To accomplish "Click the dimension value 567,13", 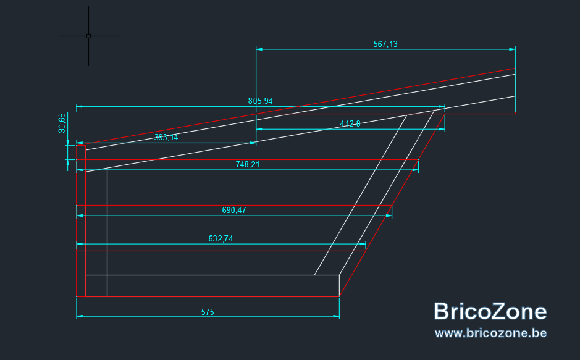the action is tap(385, 44).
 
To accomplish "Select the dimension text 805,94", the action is tap(260, 101).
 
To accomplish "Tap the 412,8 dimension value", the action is tap(350, 123).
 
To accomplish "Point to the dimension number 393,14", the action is tap(166, 138).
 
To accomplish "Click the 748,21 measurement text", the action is tap(248, 164).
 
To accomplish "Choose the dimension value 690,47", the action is tap(233, 211).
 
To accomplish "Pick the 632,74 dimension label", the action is tap(221, 239).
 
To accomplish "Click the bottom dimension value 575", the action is tap(208, 312).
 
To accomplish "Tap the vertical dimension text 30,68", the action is tap(62, 123).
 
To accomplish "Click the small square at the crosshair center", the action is tap(88, 36).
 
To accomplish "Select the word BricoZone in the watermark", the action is tap(490, 311).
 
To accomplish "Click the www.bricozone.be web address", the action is tap(491, 333).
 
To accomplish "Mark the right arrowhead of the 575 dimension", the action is tap(336, 316).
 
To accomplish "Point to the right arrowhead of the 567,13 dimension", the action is tap(512, 49).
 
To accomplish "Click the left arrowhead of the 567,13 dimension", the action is tap(259, 49).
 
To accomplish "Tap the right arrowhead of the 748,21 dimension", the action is tap(415, 170).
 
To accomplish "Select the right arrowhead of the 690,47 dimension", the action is tap(389, 216).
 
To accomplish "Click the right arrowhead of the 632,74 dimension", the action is tap(363, 244).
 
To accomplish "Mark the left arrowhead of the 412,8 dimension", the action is tap(259, 129).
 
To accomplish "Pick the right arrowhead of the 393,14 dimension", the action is tap(253, 143).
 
